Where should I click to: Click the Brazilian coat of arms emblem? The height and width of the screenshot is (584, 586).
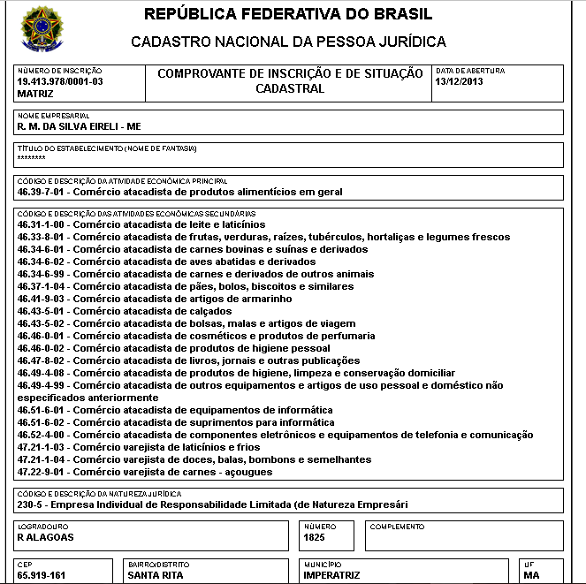point(41,29)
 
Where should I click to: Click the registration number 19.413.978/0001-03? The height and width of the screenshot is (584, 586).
point(60,81)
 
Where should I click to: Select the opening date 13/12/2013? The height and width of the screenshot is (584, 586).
point(460,81)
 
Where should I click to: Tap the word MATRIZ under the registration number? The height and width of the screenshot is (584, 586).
point(35,93)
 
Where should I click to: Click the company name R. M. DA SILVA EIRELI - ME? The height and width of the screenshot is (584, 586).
point(72,127)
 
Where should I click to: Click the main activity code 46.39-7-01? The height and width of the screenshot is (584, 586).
point(42,191)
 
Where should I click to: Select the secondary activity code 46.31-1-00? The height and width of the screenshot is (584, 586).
point(42,224)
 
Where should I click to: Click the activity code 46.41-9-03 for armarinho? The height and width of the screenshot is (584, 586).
point(42,299)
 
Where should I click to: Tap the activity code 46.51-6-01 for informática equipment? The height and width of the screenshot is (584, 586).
point(42,410)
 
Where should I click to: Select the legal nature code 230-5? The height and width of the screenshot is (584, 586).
point(33,504)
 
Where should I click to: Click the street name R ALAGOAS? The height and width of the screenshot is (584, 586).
point(45,537)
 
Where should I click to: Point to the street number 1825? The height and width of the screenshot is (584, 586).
point(314,537)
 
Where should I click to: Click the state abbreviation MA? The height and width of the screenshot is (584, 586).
point(531,574)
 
